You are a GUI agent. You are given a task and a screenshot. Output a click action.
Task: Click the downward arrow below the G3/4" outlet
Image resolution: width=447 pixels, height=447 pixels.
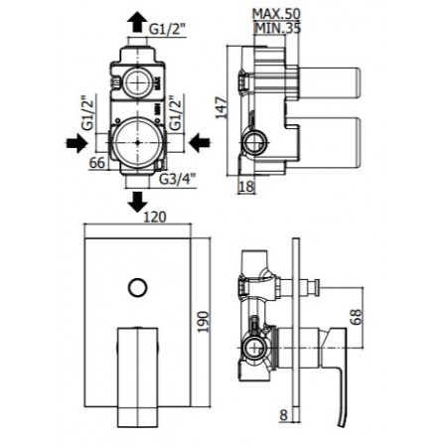(x=137, y=202)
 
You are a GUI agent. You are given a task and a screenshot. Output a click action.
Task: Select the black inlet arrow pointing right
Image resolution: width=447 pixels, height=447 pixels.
(x=74, y=143)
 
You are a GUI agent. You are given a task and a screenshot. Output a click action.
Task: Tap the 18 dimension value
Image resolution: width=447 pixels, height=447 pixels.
(x=246, y=186)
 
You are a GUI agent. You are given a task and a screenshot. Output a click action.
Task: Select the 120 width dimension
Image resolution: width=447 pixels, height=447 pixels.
(x=152, y=216)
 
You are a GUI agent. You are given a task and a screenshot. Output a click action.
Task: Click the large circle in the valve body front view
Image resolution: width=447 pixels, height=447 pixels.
(x=137, y=143)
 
